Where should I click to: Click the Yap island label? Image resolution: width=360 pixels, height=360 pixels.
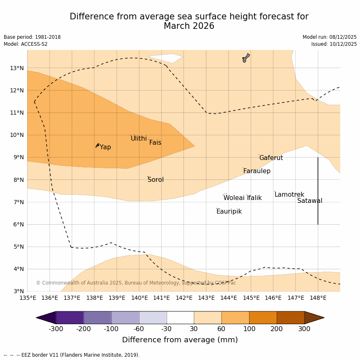(105, 147)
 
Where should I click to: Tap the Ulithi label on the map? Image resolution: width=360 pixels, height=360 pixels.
(139, 139)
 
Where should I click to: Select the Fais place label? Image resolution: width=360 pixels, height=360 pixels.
(155, 143)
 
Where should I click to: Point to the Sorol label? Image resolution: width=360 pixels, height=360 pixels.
(155, 180)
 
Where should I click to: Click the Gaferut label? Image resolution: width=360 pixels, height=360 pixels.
(271, 158)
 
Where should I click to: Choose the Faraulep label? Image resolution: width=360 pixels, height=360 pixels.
(256, 171)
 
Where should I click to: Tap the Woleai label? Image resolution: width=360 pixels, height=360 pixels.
(234, 198)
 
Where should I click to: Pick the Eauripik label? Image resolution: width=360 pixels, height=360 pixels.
(229, 212)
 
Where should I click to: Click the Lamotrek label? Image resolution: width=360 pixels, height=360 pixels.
(289, 195)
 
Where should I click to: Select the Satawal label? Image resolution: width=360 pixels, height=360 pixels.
(310, 201)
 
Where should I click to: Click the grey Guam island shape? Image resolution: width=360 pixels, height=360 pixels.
(246, 58)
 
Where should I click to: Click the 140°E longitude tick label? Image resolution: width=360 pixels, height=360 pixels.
(139, 298)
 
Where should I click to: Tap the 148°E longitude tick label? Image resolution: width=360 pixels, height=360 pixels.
(318, 298)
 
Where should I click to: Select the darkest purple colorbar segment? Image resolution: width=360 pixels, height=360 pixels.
(70, 318)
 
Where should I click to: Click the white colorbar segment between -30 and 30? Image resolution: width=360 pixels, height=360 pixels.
(180, 318)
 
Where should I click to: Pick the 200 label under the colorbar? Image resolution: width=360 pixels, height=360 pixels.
(277, 329)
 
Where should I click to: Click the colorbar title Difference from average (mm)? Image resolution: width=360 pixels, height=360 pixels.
(180, 340)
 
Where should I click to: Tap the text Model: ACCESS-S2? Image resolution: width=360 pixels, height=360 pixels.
(26, 44)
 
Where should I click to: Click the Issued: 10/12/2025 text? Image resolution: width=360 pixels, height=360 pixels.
(334, 44)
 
